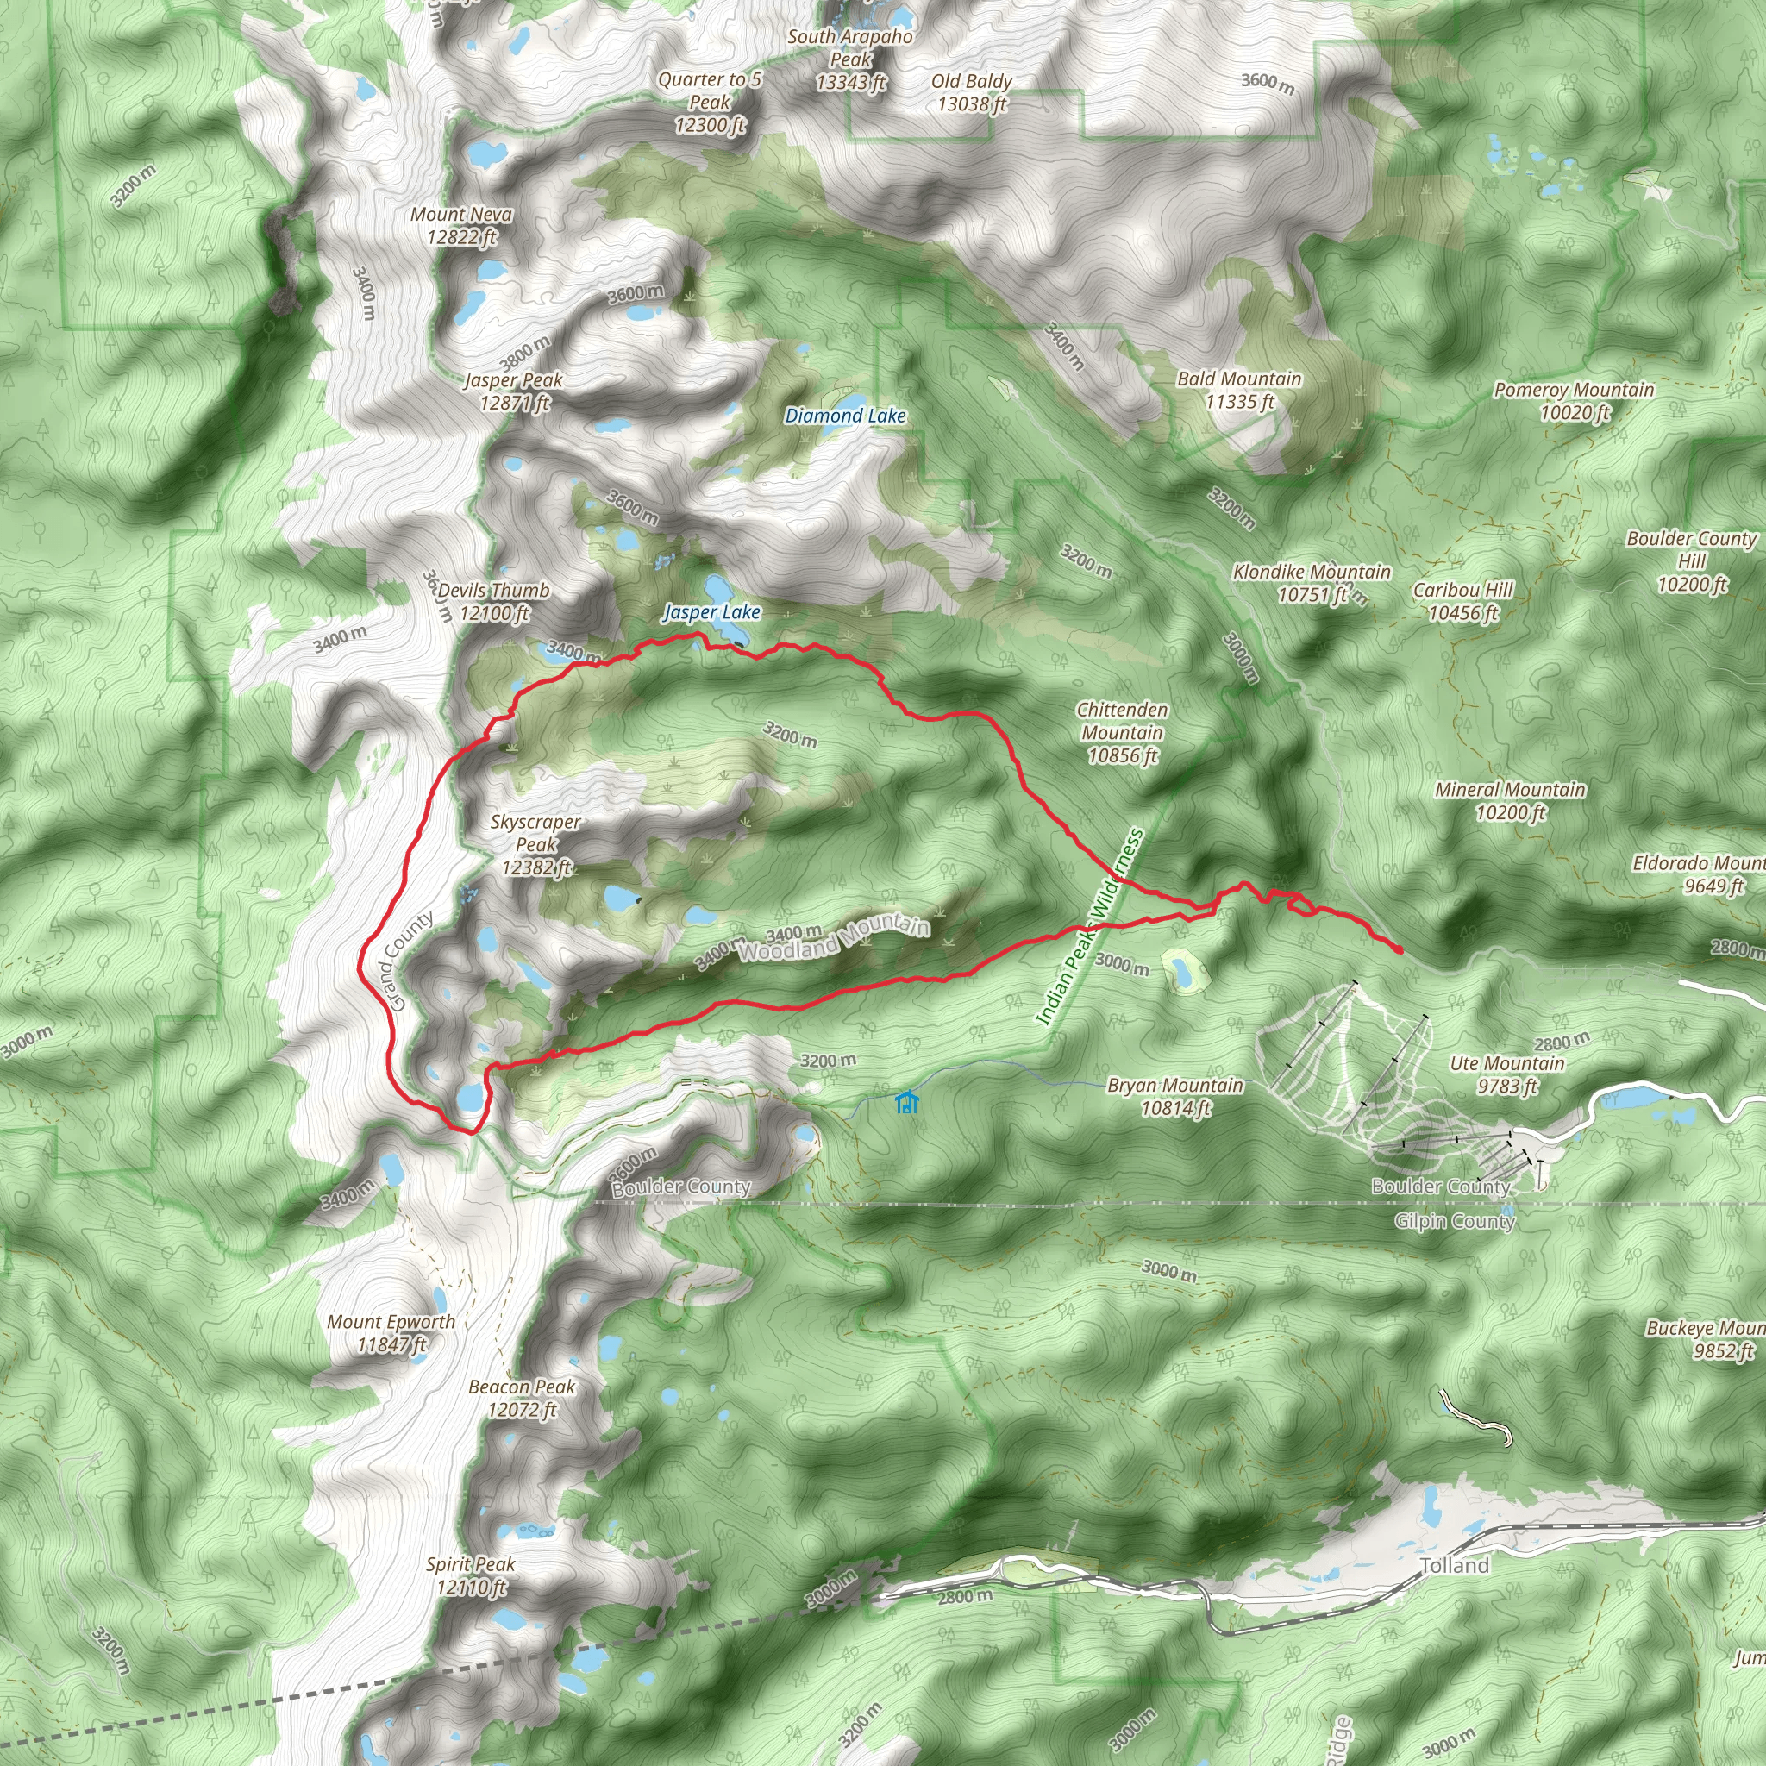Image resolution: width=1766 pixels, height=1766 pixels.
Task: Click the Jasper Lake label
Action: tap(711, 612)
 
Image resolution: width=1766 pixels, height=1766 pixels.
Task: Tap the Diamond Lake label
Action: tap(846, 416)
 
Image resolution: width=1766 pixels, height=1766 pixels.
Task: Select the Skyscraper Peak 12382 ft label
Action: tap(535, 844)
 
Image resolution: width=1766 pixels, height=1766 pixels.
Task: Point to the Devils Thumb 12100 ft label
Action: tap(493, 602)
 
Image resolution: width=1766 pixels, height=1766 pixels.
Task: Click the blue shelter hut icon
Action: tap(906, 1102)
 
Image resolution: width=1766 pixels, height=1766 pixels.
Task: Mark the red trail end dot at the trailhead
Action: tap(1400, 950)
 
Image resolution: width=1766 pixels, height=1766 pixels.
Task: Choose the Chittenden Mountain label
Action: tap(1122, 732)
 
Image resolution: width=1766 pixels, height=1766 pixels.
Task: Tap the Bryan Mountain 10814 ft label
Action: tap(1174, 1097)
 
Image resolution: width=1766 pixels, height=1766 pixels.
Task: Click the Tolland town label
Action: tap(1455, 1566)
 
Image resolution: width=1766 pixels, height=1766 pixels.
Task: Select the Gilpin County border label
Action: tap(1455, 1221)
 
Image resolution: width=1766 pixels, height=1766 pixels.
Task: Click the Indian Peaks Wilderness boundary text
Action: tap(1090, 926)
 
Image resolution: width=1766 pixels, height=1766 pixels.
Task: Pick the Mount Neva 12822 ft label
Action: tap(461, 226)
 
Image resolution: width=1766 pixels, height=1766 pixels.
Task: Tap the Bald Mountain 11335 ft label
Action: tap(1238, 391)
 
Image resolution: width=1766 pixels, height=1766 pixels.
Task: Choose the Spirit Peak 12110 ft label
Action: tap(471, 1575)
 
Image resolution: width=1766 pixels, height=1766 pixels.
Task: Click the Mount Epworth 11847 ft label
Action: tap(391, 1333)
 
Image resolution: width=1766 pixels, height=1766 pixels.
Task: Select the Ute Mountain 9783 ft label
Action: tap(1507, 1074)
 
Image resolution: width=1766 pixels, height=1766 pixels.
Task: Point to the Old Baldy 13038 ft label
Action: tap(972, 92)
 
